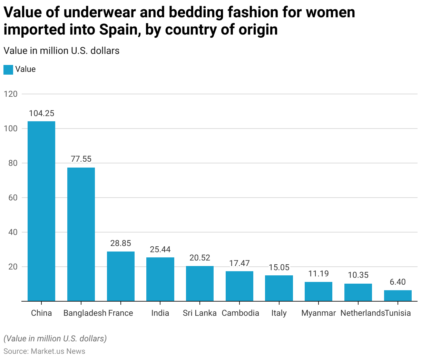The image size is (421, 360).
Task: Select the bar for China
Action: [41, 211]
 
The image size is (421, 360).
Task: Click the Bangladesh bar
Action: [81, 234]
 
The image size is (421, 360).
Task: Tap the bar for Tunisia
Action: [398, 296]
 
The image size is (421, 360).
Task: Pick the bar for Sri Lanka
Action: [200, 283]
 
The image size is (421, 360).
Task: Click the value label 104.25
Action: [41, 113]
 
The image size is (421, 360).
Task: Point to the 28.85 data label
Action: [121, 243]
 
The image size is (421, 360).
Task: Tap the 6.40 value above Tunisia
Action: [398, 282]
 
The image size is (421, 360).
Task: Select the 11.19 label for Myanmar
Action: [319, 274]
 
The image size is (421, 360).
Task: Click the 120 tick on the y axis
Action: [11, 94]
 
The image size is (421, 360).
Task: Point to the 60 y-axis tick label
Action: [13, 198]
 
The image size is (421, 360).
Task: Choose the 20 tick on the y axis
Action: [13, 267]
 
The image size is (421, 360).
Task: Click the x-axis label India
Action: [160, 313]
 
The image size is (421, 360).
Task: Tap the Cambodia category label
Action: [240, 313]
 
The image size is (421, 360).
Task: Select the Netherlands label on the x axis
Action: [362, 313]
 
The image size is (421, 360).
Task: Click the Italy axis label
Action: [279, 313]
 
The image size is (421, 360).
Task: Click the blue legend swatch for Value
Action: [8, 69]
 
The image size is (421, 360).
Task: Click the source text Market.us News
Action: [58, 351]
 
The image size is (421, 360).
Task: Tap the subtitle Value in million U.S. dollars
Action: [61, 51]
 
